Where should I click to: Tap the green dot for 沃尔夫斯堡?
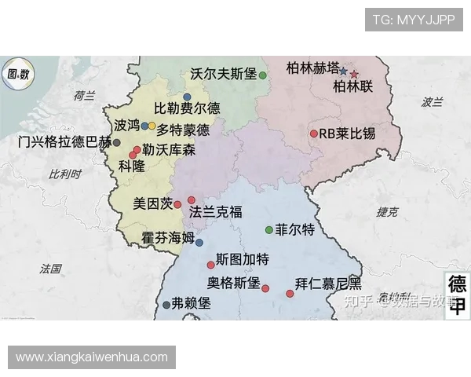pos(263,75)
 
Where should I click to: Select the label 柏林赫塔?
pos(313,67)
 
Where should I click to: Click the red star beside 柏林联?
pos(354,74)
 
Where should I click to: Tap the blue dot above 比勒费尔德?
pos(187,97)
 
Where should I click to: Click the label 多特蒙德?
pos(183,130)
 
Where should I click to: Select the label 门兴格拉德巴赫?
pos(64,142)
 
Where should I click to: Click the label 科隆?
pos(131,166)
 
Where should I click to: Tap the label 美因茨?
pos(152,203)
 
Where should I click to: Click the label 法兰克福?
pos(216,211)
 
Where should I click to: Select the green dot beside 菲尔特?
pos(269,230)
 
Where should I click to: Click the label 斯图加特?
pos(242,259)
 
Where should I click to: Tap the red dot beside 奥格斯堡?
pos(265,288)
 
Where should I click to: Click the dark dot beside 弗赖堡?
pos(166,305)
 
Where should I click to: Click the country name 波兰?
pos(432,102)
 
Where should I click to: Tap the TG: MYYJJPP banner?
pos(414,20)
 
